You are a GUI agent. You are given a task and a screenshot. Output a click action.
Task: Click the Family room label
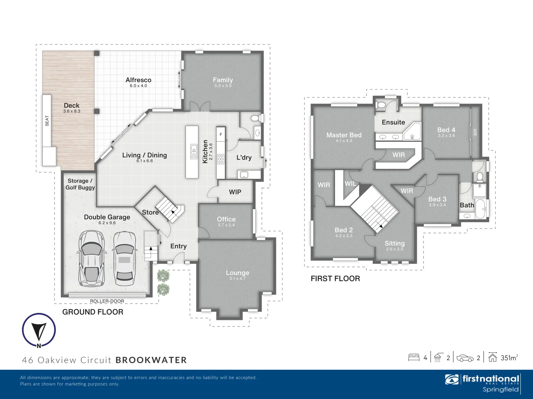(223, 80)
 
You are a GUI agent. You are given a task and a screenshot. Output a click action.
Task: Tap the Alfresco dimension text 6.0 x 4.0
(138, 86)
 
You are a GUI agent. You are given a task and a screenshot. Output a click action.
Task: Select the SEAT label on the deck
(47, 121)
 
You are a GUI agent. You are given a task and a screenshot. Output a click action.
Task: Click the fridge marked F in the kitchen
(221, 134)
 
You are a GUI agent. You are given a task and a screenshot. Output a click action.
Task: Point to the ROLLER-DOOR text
(107, 301)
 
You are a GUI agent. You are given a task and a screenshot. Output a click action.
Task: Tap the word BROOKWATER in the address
(151, 360)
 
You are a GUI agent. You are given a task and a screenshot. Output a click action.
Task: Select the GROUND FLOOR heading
(93, 312)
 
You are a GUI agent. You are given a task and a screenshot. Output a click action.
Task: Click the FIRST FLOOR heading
(335, 279)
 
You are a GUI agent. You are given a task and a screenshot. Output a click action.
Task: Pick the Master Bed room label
(344, 135)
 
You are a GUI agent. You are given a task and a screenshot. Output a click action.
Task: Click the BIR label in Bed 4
(475, 132)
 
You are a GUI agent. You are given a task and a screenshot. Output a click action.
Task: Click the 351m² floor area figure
(509, 358)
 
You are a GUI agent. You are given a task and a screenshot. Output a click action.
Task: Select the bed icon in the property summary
(413, 357)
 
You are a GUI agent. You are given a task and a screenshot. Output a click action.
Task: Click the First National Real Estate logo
(483, 383)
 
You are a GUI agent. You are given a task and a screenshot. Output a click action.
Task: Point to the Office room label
(226, 219)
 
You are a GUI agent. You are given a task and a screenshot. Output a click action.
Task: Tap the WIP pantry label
(235, 192)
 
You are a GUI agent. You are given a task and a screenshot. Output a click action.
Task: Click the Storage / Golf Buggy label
(80, 184)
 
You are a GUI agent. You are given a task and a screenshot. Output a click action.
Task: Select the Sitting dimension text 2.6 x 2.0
(395, 249)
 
